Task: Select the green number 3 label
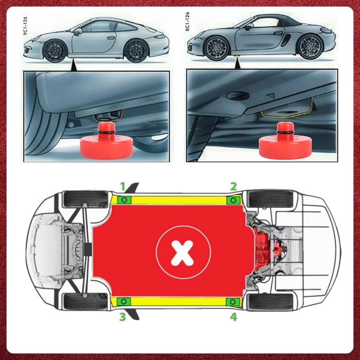[121, 317]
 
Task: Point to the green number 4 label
[233, 317]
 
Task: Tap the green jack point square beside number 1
[125, 199]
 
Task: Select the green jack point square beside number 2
[233, 200]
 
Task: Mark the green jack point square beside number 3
[125, 301]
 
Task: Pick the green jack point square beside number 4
[233, 301]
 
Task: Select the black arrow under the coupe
[73, 66]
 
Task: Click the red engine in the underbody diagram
[263, 249]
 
